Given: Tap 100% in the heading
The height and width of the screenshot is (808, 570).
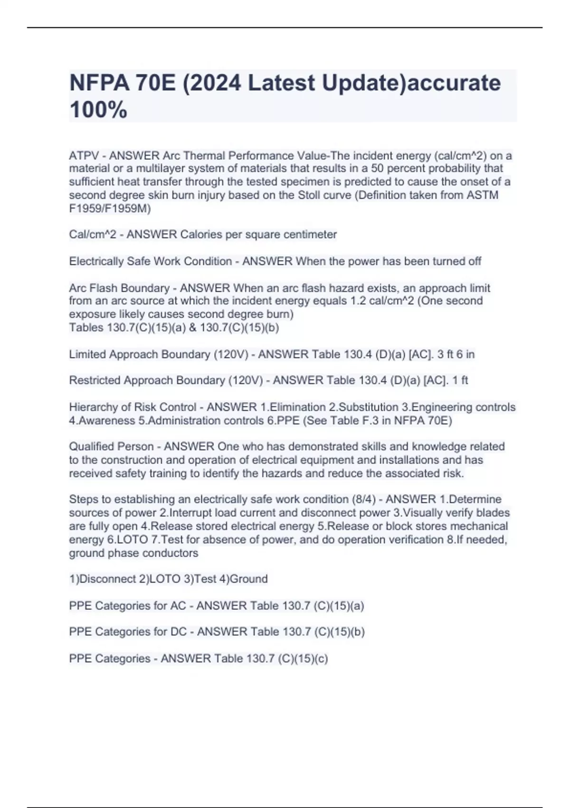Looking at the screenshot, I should (x=98, y=110).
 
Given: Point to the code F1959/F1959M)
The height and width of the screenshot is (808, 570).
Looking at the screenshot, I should (x=110, y=209).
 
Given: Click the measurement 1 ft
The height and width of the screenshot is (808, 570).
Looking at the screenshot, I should (x=460, y=380).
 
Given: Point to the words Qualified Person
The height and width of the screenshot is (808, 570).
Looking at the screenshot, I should (x=111, y=447).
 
